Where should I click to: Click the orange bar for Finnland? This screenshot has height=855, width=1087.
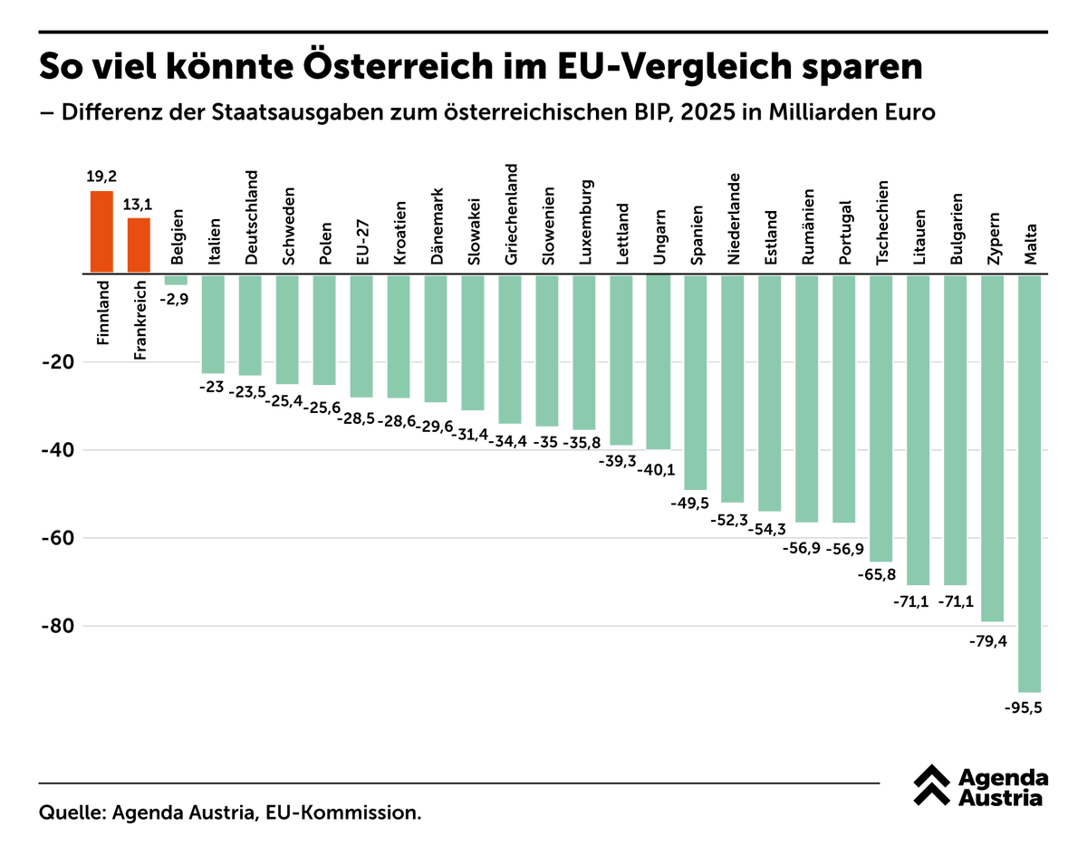tap(101, 232)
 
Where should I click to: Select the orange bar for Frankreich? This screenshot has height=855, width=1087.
tap(139, 245)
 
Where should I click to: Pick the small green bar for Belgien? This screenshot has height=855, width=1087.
tap(176, 279)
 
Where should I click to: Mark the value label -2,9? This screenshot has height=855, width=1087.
tap(176, 299)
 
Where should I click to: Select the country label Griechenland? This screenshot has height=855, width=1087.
tap(511, 214)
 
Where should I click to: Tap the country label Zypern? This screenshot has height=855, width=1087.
tap(994, 238)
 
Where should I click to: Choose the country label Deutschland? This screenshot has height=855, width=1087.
tap(251, 217)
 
